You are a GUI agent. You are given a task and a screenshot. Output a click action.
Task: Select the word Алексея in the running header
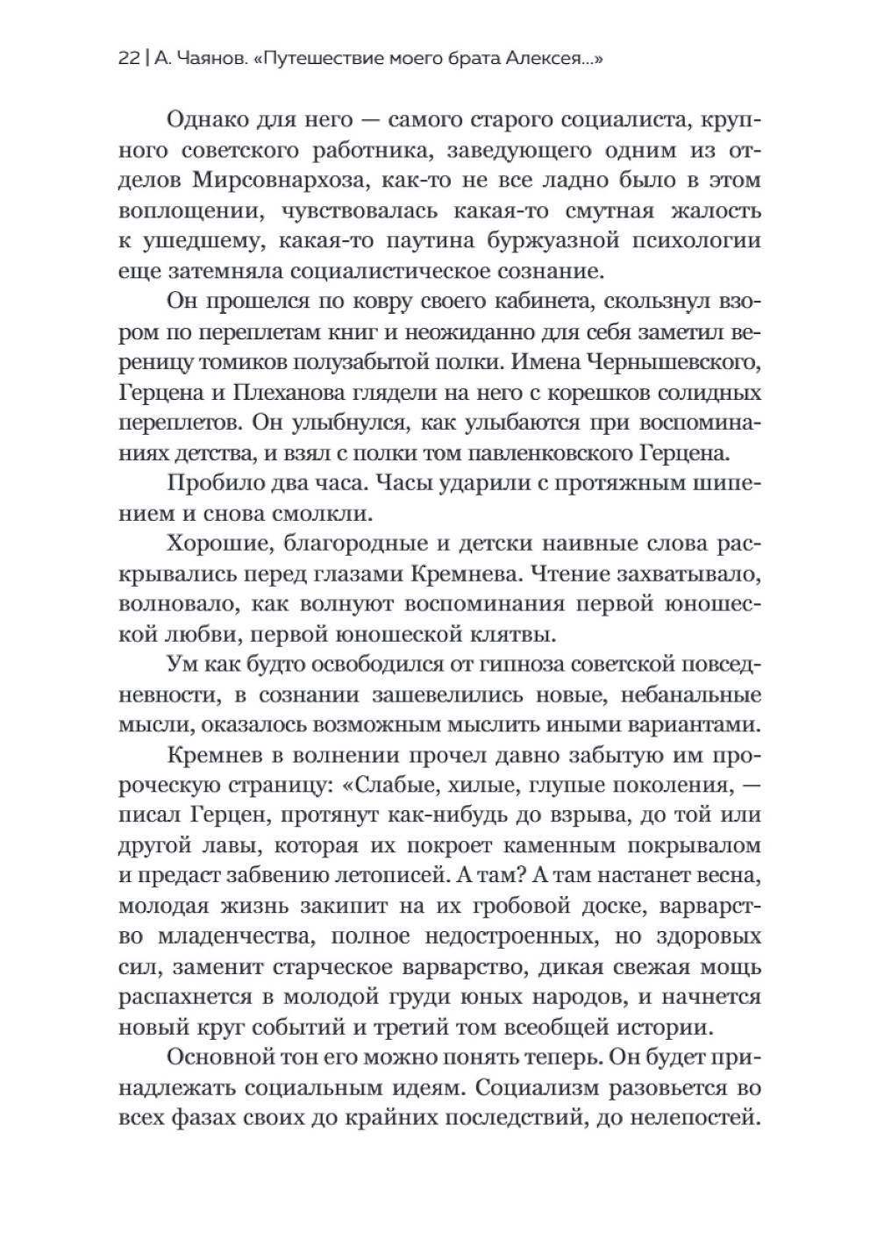coord(558,60)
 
